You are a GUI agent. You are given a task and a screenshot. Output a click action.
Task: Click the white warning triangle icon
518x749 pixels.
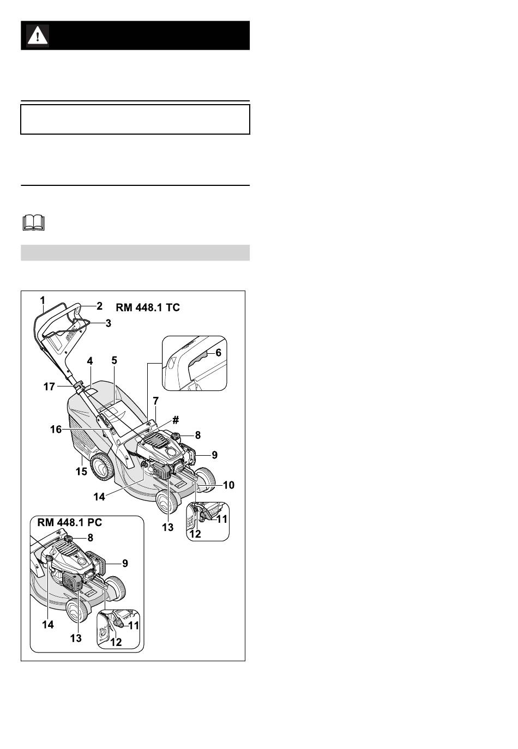pos(38,35)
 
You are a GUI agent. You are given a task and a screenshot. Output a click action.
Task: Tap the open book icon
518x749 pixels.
pos(33,222)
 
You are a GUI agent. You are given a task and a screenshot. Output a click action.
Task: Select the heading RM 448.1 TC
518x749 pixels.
pos(147,307)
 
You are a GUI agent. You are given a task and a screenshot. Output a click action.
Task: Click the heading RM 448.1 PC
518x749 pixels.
pos(70,522)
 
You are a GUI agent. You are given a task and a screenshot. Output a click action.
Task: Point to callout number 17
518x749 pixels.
pos(49,386)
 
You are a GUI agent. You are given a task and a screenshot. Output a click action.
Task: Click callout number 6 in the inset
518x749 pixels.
pos(218,353)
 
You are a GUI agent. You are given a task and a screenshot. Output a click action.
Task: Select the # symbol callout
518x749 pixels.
pos(176,420)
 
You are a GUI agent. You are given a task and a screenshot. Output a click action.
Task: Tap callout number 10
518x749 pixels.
pos(228,485)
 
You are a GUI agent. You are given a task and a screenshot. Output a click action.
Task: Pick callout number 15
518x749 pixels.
pos(81,471)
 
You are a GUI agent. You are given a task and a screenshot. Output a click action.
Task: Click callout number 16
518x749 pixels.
pos(56,429)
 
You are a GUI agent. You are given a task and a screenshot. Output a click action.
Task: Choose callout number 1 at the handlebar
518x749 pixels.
pos(43,300)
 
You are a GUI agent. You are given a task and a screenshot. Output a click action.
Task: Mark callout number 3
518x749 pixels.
pos(109,323)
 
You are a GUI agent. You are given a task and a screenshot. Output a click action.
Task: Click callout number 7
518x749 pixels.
pos(155,400)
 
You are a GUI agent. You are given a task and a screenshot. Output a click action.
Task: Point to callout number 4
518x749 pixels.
pos(89,361)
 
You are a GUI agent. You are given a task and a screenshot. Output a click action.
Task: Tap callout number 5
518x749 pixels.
pos(115,360)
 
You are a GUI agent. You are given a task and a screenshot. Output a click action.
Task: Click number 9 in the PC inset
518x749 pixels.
pos(125,563)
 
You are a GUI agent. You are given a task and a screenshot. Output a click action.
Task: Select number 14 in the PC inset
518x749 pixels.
pos(48,624)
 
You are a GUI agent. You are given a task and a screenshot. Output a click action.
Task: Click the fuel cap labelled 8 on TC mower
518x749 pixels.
pos(175,436)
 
